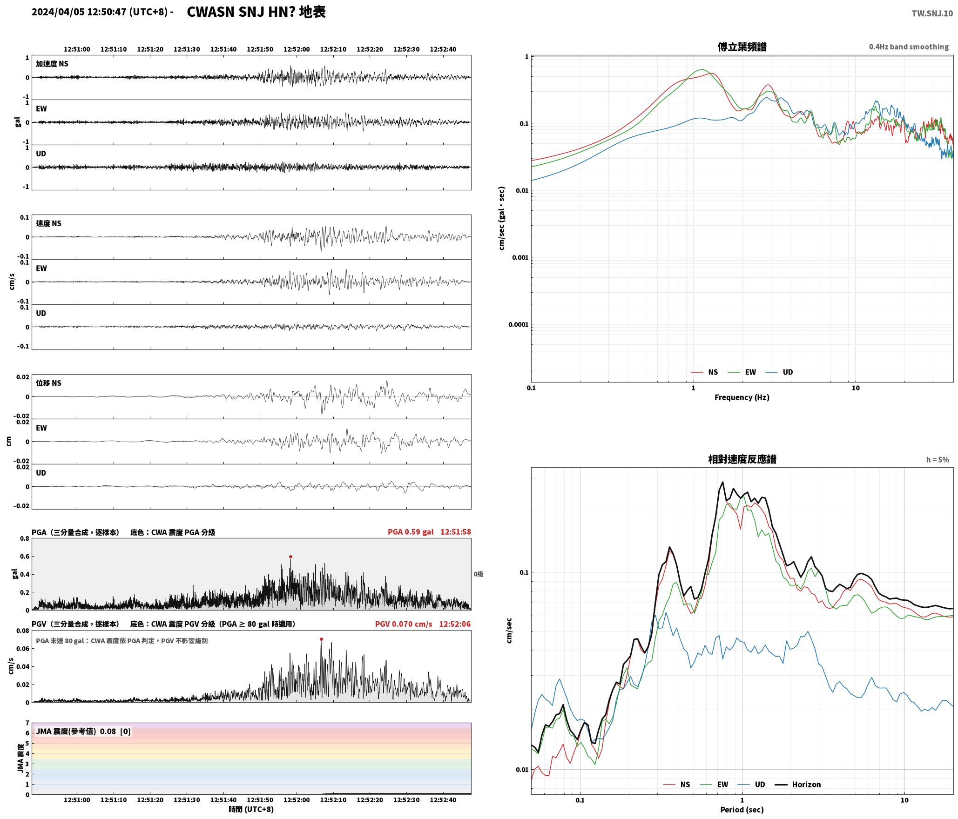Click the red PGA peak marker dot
point(290,557)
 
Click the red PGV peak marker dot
point(321,639)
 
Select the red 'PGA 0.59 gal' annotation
point(411,531)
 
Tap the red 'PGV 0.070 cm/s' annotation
point(404,624)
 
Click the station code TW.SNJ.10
point(932,13)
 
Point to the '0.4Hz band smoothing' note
point(909,47)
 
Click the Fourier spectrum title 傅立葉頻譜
point(742,47)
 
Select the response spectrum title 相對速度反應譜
point(742,459)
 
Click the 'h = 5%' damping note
point(937,459)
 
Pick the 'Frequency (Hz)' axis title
point(742,397)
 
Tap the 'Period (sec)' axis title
point(742,809)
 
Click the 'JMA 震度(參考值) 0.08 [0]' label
point(83,731)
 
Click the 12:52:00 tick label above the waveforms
point(297,49)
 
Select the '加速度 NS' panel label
point(52,64)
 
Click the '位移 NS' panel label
point(49,383)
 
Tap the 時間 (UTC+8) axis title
point(251,809)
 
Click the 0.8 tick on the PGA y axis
point(25,538)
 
